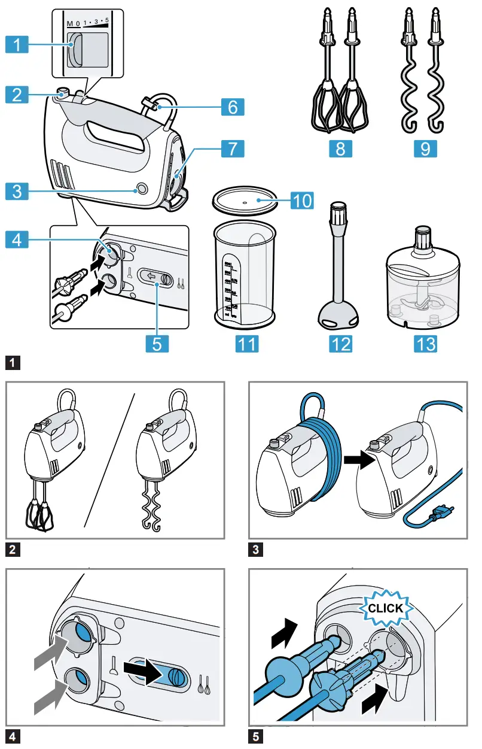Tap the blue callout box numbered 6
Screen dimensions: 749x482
232,107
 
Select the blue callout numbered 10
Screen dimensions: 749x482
302,200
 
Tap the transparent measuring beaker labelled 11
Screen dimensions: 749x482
246,275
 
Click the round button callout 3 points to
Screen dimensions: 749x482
142,189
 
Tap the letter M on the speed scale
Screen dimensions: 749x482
69,23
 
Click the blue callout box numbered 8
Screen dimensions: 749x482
340,148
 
